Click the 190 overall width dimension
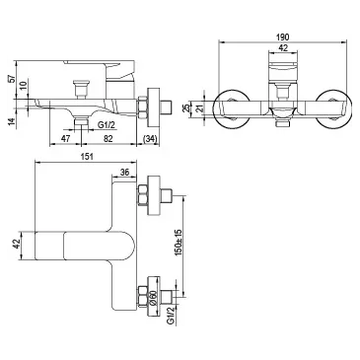[283, 36]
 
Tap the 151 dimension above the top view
[87, 157]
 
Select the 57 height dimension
[12, 79]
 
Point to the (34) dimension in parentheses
[150, 139]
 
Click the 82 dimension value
[108, 139]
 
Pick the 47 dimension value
[66, 139]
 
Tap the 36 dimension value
[124, 173]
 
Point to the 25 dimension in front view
[185, 108]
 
